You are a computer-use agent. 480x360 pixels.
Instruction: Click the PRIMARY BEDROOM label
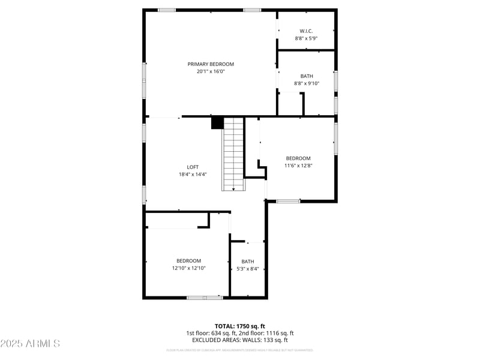pyautogui.click(x=211, y=64)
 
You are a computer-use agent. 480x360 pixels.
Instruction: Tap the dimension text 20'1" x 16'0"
pyautogui.click(x=211, y=71)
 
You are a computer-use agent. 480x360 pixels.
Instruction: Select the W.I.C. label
pyautogui.click(x=306, y=31)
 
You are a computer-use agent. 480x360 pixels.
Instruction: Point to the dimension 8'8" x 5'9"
pyautogui.click(x=306, y=38)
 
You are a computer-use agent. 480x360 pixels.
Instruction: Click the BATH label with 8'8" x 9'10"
pyautogui.click(x=307, y=76)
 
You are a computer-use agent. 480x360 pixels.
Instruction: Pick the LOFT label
pyautogui.click(x=193, y=167)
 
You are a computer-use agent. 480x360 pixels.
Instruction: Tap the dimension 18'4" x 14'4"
pyautogui.click(x=193, y=175)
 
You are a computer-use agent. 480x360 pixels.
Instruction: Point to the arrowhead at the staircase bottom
pyautogui.click(x=233, y=189)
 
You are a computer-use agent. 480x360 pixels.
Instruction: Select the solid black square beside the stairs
pyautogui.click(x=217, y=123)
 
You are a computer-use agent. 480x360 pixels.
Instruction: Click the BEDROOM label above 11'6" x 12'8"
pyautogui.click(x=298, y=158)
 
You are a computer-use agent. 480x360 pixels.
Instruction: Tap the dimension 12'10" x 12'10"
pyautogui.click(x=188, y=268)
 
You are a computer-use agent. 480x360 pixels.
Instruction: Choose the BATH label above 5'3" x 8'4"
pyautogui.click(x=248, y=262)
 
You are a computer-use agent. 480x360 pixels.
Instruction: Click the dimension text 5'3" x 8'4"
pyautogui.click(x=248, y=269)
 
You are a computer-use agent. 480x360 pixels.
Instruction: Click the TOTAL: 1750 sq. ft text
pyautogui.click(x=240, y=326)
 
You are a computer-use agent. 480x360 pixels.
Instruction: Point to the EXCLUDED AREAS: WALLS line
pyautogui.click(x=240, y=340)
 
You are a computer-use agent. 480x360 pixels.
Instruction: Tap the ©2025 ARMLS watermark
pyautogui.click(x=30, y=344)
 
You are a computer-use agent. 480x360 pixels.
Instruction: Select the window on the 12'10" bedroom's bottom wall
pyautogui.click(x=205, y=297)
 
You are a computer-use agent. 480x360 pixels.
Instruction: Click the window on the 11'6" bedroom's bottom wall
pyautogui.click(x=288, y=201)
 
